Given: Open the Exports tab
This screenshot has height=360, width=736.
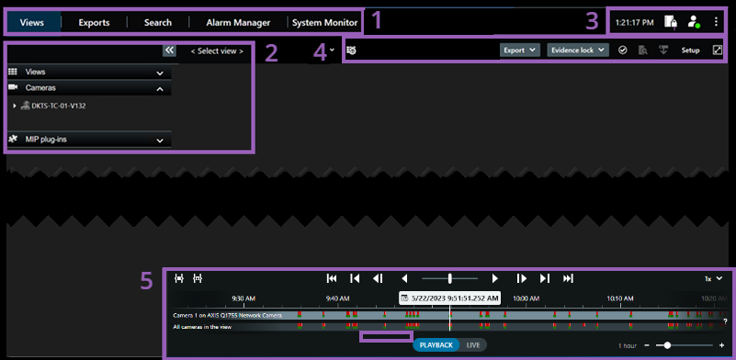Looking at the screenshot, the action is pyautogui.click(x=94, y=22).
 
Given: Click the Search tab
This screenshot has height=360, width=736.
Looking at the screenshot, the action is pyautogui.click(x=157, y=22).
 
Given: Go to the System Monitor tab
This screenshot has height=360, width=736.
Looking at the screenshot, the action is pyautogui.click(x=324, y=22).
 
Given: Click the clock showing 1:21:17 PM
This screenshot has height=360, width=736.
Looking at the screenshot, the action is pyautogui.click(x=635, y=22).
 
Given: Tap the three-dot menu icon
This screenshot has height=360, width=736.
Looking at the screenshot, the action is pyautogui.click(x=717, y=22).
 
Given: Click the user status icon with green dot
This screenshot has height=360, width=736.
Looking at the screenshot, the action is pyautogui.click(x=694, y=22).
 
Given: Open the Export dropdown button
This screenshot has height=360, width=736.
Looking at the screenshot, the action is pyautogui.click(x=519, y=50).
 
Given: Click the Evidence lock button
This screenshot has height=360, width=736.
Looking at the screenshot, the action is pyautogui.click(x=577, y=50).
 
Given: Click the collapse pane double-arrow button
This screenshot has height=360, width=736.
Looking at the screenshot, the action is pyautogui.click(x=169, y=51).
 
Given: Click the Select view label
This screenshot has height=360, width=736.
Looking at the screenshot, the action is pyautogui.click(x=217, y=51).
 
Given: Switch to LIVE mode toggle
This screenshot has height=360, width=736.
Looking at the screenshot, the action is pyautogui.click(x=473, y=345).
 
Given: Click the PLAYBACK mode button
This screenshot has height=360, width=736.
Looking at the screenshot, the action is pyautogui.click(x=436, y=345).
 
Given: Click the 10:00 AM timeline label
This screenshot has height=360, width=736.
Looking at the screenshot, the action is pyautogui.click(x=526, y=298).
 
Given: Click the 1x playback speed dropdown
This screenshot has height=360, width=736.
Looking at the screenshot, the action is pyautogui.click(x=713, y=277).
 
